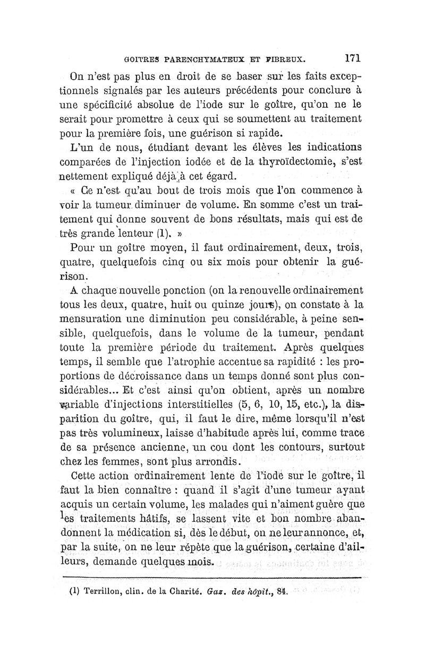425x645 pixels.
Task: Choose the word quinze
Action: (x=250, y=305)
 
